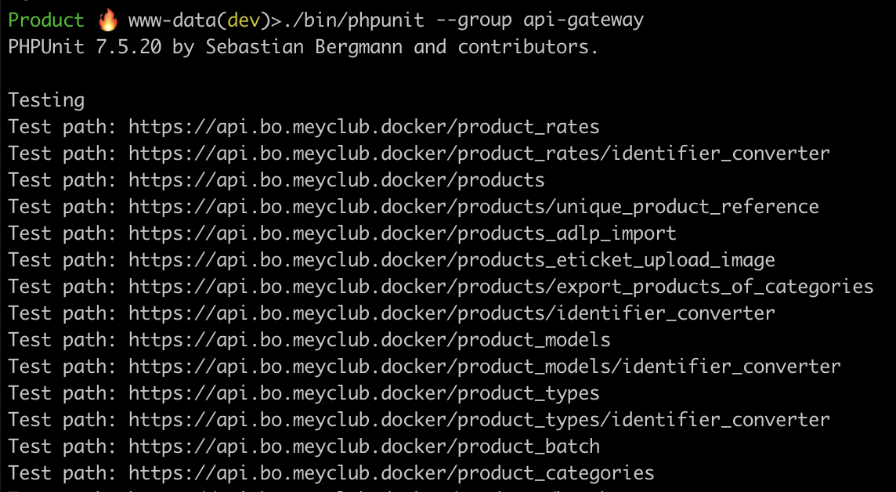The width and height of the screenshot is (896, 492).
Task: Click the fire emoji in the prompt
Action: coord(107,20)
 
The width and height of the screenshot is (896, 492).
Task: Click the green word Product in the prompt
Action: coord(46,20)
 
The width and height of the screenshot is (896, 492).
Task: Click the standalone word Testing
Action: coord(46,100)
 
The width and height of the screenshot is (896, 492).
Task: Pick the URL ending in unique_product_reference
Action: coord(474,207)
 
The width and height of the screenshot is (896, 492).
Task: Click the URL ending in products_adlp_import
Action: coord(403,233)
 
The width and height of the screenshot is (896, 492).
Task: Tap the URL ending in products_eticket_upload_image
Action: coord(452,260)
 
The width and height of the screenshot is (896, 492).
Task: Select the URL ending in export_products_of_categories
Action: coord(501,287)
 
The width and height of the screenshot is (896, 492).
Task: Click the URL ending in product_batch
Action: coord(364,447)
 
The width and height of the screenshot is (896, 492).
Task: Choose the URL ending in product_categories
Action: coord(392,473)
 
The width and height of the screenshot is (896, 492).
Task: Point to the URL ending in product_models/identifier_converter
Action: coord(485,367)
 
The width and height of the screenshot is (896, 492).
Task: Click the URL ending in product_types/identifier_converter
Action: coord(479,420)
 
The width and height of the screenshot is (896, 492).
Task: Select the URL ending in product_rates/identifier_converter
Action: coord(479,154)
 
